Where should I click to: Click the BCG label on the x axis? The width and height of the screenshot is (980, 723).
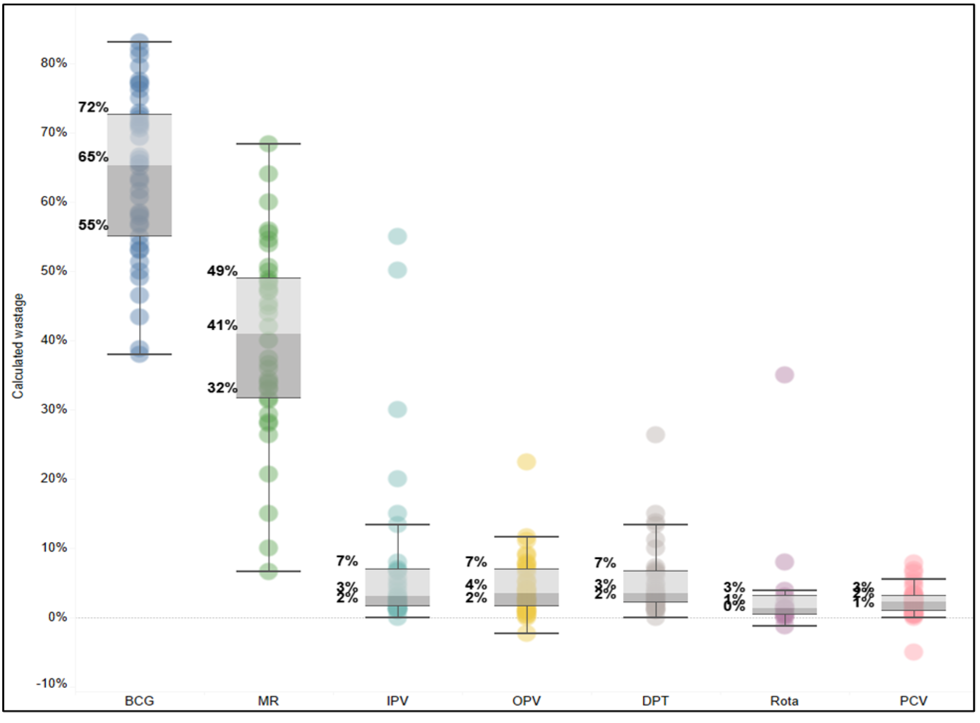[x=139, y=701]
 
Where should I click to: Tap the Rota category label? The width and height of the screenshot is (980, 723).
[x=784, y=701]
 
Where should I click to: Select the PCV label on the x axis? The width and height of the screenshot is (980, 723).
[x=913, y=701]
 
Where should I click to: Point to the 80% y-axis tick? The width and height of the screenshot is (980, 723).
[x=54, y=63]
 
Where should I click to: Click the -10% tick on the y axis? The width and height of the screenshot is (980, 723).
[x=52, y=684]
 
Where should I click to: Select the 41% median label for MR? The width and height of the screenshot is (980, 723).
[x=222, y=325]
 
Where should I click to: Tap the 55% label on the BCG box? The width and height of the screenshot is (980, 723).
[x=93, y=225]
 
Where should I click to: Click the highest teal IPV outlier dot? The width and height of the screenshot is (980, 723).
[x=398, y=236]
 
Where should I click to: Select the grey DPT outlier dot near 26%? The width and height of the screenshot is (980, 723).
[x=656, y=435]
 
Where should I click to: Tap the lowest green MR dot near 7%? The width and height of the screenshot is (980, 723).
[x=269, y=571]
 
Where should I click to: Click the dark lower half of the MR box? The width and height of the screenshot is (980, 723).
[x=269, y=366]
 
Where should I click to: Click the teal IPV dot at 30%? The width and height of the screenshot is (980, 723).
[x=398, y=409]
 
